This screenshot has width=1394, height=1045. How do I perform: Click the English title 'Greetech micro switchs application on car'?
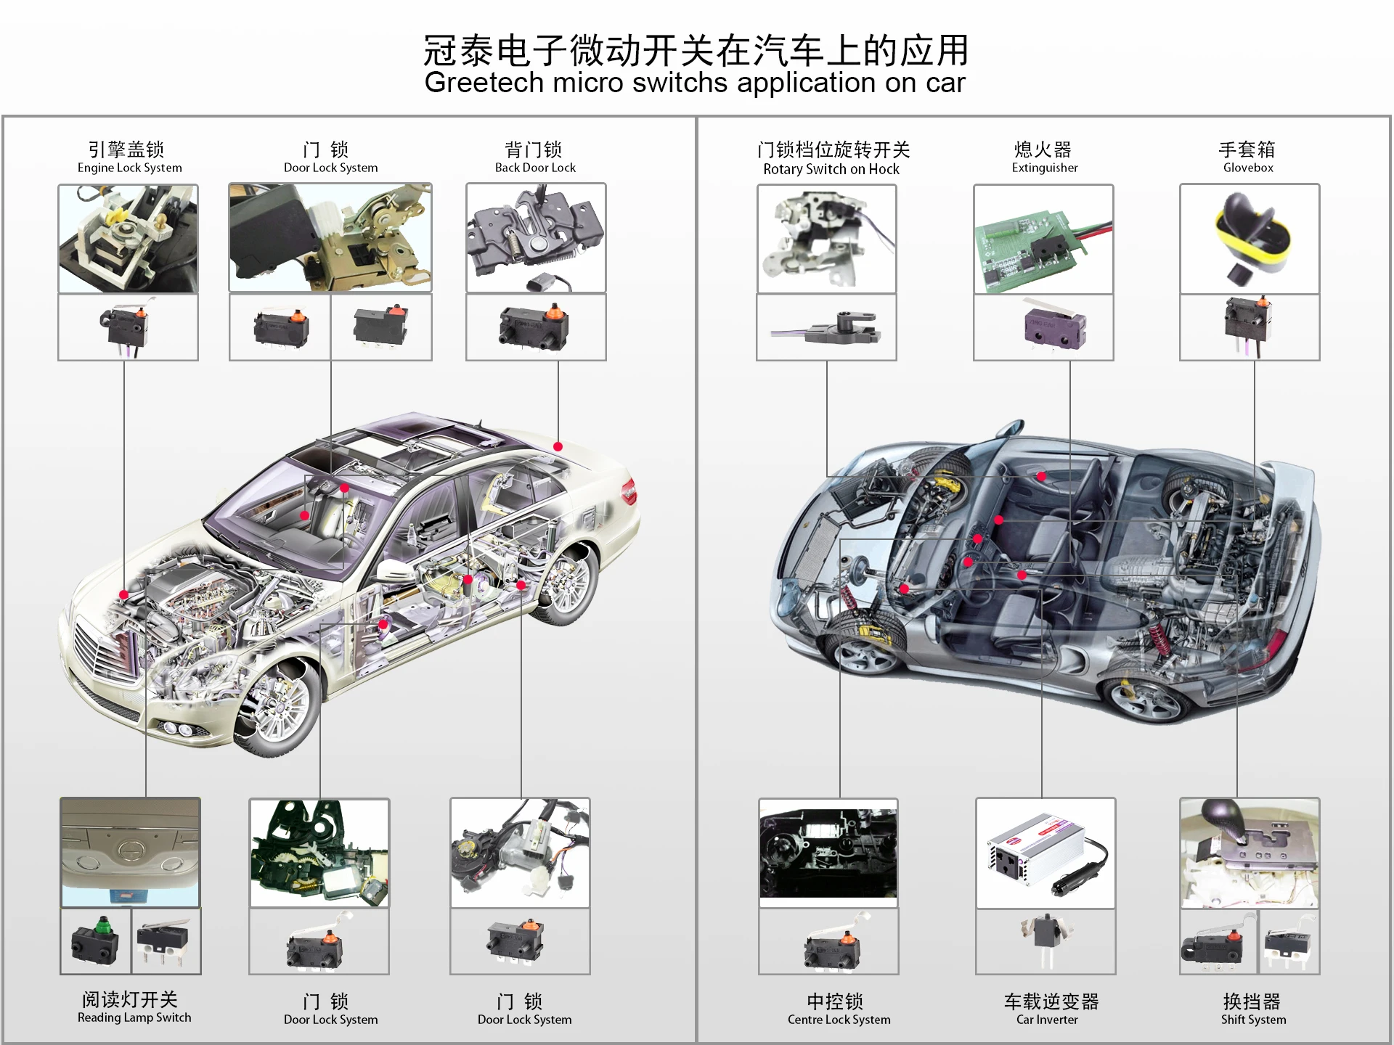point(695,83)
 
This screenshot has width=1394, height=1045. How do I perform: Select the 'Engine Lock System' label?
point(129,168)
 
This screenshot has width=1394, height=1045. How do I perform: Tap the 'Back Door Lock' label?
point(535,168)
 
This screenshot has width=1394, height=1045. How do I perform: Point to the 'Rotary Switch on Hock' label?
point(831,169)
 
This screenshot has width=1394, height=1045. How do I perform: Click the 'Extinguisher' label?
point(1045,168)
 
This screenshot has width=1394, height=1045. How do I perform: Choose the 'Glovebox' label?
point(1248,168)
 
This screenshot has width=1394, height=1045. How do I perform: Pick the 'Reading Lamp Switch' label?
point(134,1017)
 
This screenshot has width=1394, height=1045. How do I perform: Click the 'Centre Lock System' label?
point(839,1020)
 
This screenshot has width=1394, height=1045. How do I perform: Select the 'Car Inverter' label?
point(1047,1020)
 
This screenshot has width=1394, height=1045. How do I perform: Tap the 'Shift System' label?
point(1253,1020)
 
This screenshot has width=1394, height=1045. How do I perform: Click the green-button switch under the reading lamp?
point(96,941)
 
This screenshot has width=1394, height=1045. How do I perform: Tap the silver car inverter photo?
point(1045,853)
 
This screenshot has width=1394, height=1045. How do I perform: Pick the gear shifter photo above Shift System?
point(1250,853)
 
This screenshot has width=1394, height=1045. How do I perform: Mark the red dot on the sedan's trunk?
point(558,446)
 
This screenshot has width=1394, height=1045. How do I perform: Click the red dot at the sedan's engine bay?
point(124,595)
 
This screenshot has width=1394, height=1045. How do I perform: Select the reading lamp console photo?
point(131,853)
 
